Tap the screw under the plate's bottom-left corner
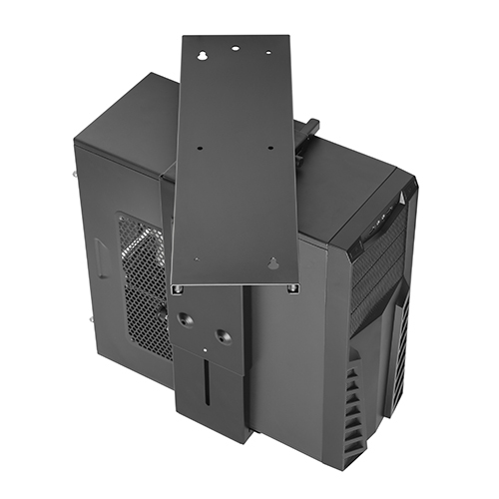[x=177, y=289]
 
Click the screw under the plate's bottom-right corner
[x=292, y=288]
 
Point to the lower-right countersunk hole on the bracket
[x=224, y=337]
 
